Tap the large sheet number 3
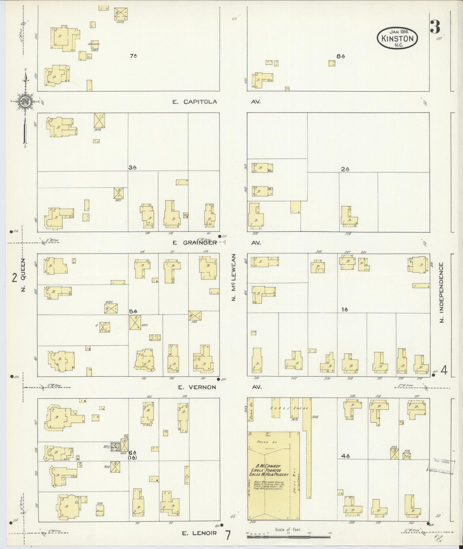(435, 27)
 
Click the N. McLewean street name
(234, 277)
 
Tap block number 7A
(134, 56)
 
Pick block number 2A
(345, 169)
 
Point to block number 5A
(133, 311)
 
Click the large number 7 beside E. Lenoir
(228, 535)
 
